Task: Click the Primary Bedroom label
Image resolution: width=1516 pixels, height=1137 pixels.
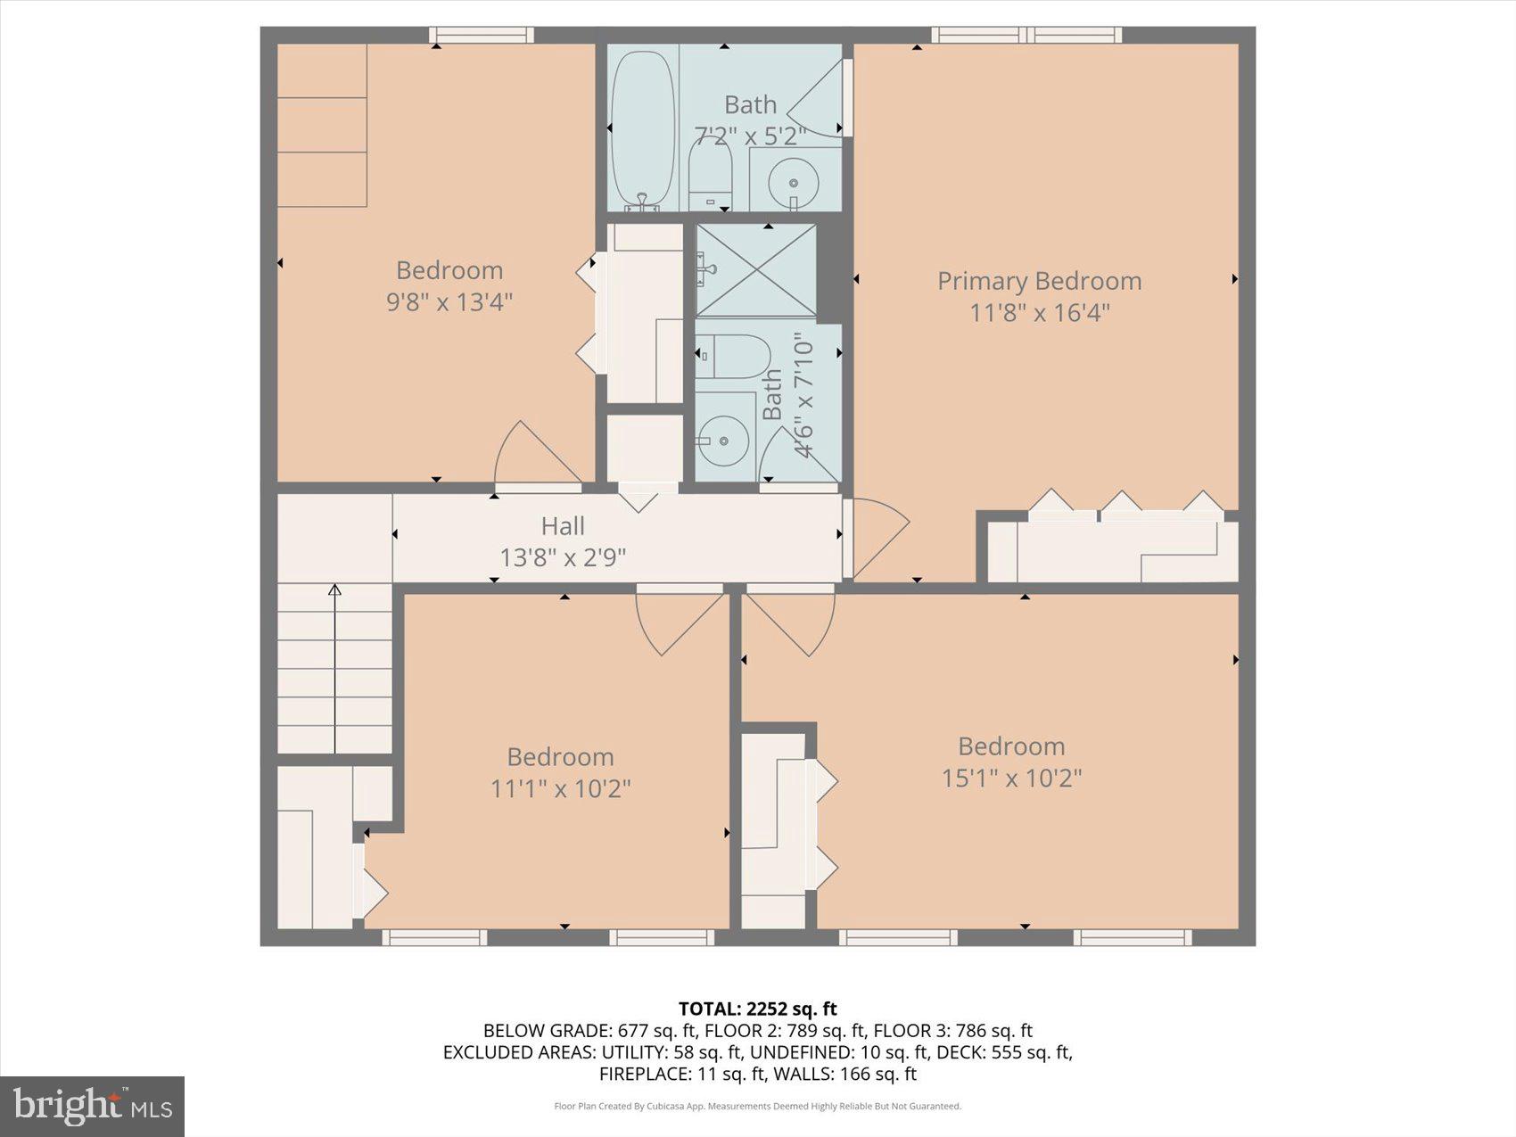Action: point(1039,281)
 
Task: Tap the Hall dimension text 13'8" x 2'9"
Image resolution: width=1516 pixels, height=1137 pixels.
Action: point(563,558)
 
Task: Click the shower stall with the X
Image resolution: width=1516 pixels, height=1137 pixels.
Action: point(755,271)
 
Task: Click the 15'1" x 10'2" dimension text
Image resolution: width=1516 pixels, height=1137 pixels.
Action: point(1011,778)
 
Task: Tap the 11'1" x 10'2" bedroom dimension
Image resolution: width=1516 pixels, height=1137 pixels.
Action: point(560,788)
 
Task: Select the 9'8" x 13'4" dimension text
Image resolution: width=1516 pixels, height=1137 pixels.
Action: point(449,301)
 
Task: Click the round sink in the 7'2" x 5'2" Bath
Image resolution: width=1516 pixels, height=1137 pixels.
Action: point(793,184)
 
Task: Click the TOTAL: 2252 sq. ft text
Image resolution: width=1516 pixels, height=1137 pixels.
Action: point(757,1009)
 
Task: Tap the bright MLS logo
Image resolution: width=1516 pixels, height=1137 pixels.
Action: point(93,1107)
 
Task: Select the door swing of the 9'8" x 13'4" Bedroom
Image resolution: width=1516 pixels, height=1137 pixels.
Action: point(535,455)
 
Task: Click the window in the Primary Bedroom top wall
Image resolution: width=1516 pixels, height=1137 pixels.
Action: point(1026,36)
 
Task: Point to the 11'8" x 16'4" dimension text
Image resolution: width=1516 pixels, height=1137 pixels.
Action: point(1039,313)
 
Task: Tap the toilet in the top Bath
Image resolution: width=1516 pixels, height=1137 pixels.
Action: point(710,173)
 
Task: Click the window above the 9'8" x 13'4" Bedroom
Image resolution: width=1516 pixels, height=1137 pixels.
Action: point(481,36)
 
